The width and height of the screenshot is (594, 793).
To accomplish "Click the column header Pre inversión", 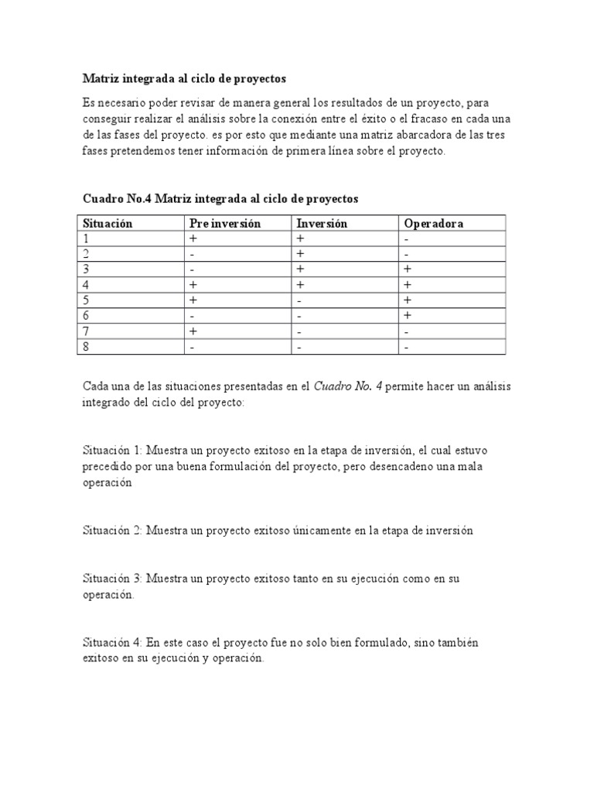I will pos(225,223).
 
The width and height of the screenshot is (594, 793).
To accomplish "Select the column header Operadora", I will pos(434,223).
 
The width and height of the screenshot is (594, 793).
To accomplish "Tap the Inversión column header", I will pos(322,223).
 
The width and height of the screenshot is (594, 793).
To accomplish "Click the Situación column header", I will pos(108,223).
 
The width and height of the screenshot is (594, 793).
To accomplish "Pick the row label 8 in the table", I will pos(87,347).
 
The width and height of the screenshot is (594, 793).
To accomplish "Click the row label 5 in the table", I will pos(87,300).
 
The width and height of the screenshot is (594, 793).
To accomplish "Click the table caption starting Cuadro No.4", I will pos(220,199).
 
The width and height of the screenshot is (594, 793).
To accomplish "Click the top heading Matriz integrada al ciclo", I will pos(184,79).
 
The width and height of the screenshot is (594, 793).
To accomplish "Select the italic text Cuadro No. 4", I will pos(348,386).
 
